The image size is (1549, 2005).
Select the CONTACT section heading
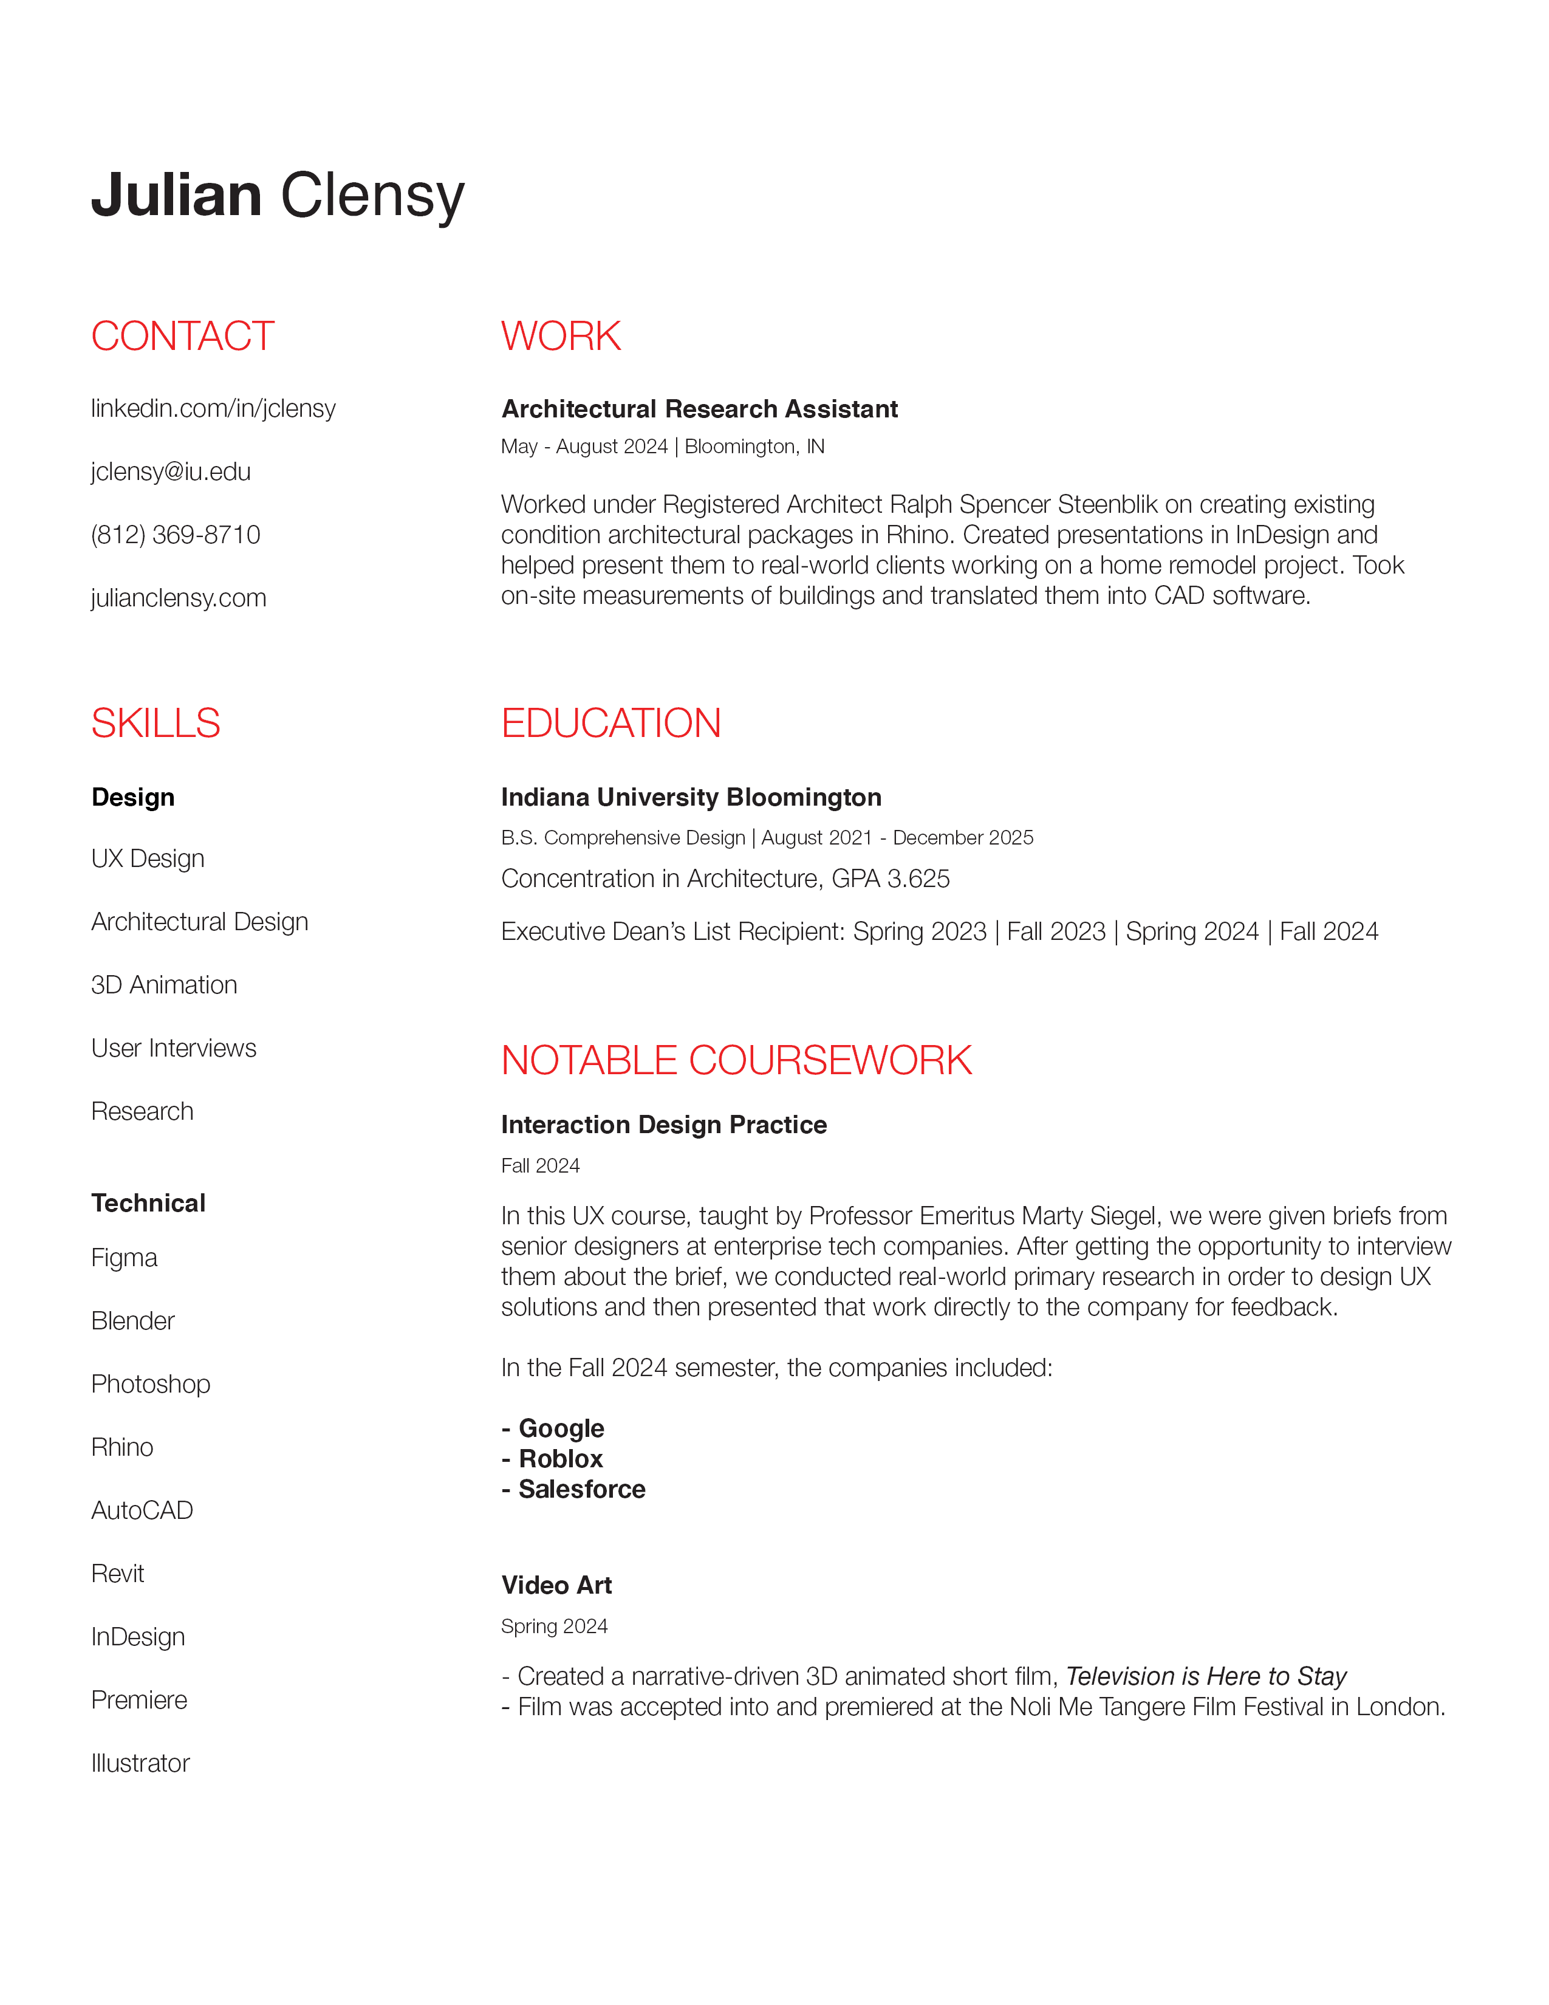(x=183, y=336)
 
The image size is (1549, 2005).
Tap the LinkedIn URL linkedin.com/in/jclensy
(x=213, y=408)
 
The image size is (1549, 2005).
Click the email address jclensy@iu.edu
(x=171, y=472)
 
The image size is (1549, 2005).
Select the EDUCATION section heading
(x=610, y=724)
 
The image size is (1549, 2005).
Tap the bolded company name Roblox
(x=561, y=1459)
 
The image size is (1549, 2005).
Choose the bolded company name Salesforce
(x=582, y=1489)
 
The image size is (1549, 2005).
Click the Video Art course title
(x=556, y=1585)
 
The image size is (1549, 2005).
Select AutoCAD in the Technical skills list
(x=142, y=1510)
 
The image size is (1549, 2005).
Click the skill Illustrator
(x=140, y=1764)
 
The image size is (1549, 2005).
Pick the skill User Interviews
(x=174, y=1049)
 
